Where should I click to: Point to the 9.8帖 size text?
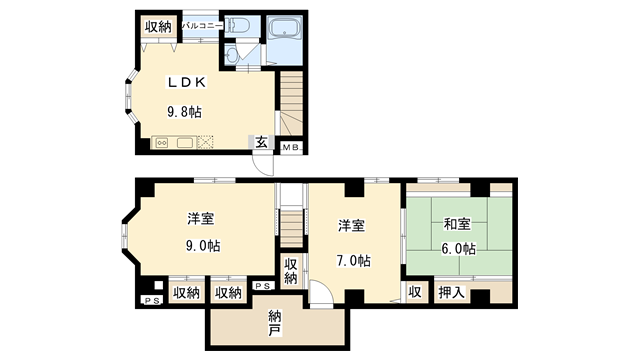[183, 112]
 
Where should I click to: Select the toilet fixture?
[237, 26]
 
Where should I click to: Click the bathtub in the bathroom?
[290, 27]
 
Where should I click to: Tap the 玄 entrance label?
[260, 142]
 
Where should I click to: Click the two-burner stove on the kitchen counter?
[162, 142]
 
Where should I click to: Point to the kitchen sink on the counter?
[185, 142]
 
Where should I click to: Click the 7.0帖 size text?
[353, 261]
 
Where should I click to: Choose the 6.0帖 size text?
[457, 249]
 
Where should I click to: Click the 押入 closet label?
[451, 293]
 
